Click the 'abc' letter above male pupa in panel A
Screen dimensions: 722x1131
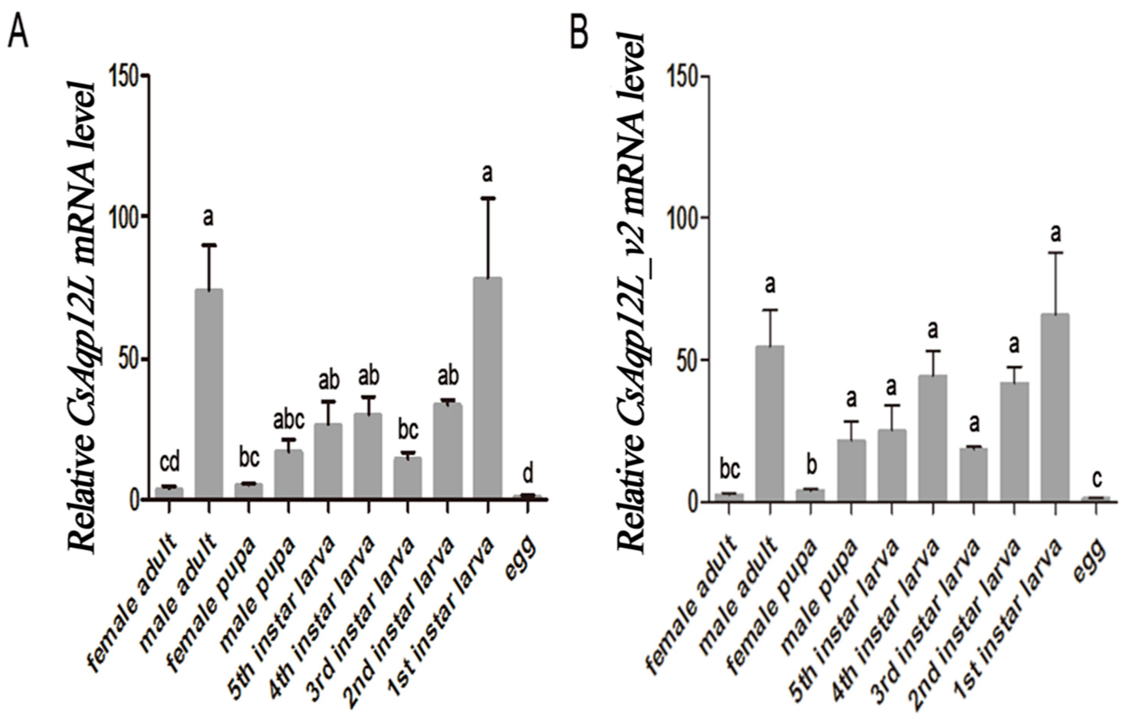click(x=288, y=421)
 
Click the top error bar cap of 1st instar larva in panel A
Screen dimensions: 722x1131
click(x=488, y=199)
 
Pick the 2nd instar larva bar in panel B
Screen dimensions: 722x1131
click(x=1014, y=442)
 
